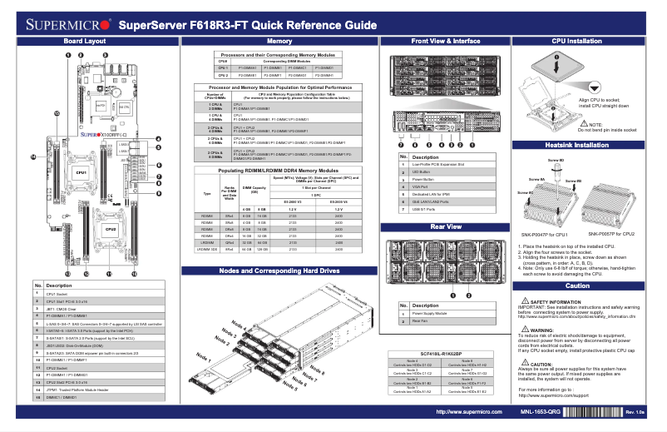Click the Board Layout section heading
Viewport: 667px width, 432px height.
85,41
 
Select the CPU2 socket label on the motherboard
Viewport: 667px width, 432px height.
110,227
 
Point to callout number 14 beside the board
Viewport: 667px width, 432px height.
34,156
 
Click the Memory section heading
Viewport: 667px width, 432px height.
279,41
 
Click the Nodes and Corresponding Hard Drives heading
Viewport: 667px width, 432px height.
279,271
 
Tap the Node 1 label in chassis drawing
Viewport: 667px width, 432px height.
204,355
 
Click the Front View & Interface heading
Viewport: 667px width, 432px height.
445,41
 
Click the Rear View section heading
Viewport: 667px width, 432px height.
445,226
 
